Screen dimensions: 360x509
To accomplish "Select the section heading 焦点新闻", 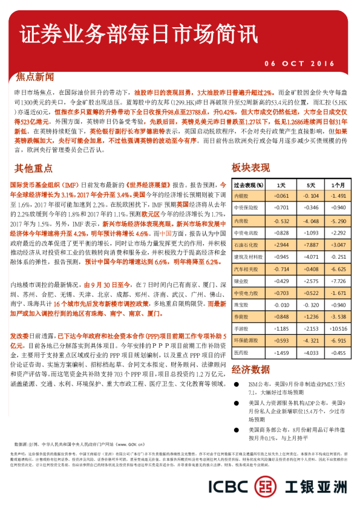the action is point(36,78).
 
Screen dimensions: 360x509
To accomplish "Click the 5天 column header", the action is point(310,185).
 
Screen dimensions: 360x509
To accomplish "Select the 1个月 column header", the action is point(338,185).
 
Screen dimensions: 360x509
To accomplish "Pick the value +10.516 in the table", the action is point(338,329).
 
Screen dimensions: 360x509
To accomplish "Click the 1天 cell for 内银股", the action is point(281,196).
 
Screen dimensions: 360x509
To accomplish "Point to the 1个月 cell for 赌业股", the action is point(338,280).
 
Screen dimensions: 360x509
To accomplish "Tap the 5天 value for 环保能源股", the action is point(310,341).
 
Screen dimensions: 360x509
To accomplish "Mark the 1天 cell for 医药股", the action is point(281,352).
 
